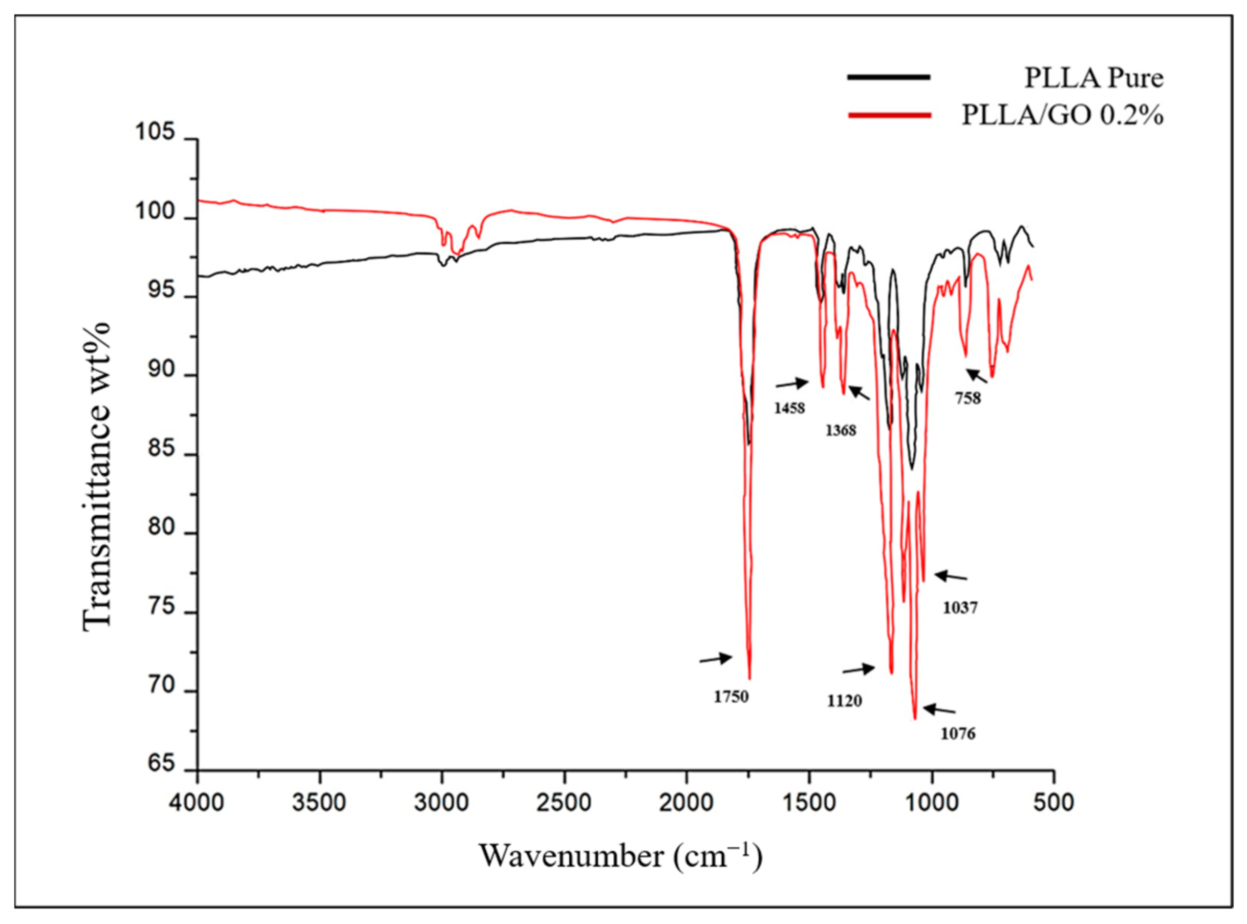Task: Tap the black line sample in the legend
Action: [x=889, y=77]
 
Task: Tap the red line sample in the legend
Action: [x=889, y=115]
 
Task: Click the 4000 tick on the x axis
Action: [x=197, y=802]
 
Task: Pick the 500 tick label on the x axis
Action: [x=1053, y=802]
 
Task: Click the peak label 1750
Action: [x=730, y=697]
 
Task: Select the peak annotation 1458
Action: [x=789, y=408]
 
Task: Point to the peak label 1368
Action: [x=841, y=431]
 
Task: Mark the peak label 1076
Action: [x=957, y=733]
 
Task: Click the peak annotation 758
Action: [x=967, y=398]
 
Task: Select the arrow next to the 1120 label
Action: [x=858, y=669]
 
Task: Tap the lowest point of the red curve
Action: [x=914, y=718]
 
